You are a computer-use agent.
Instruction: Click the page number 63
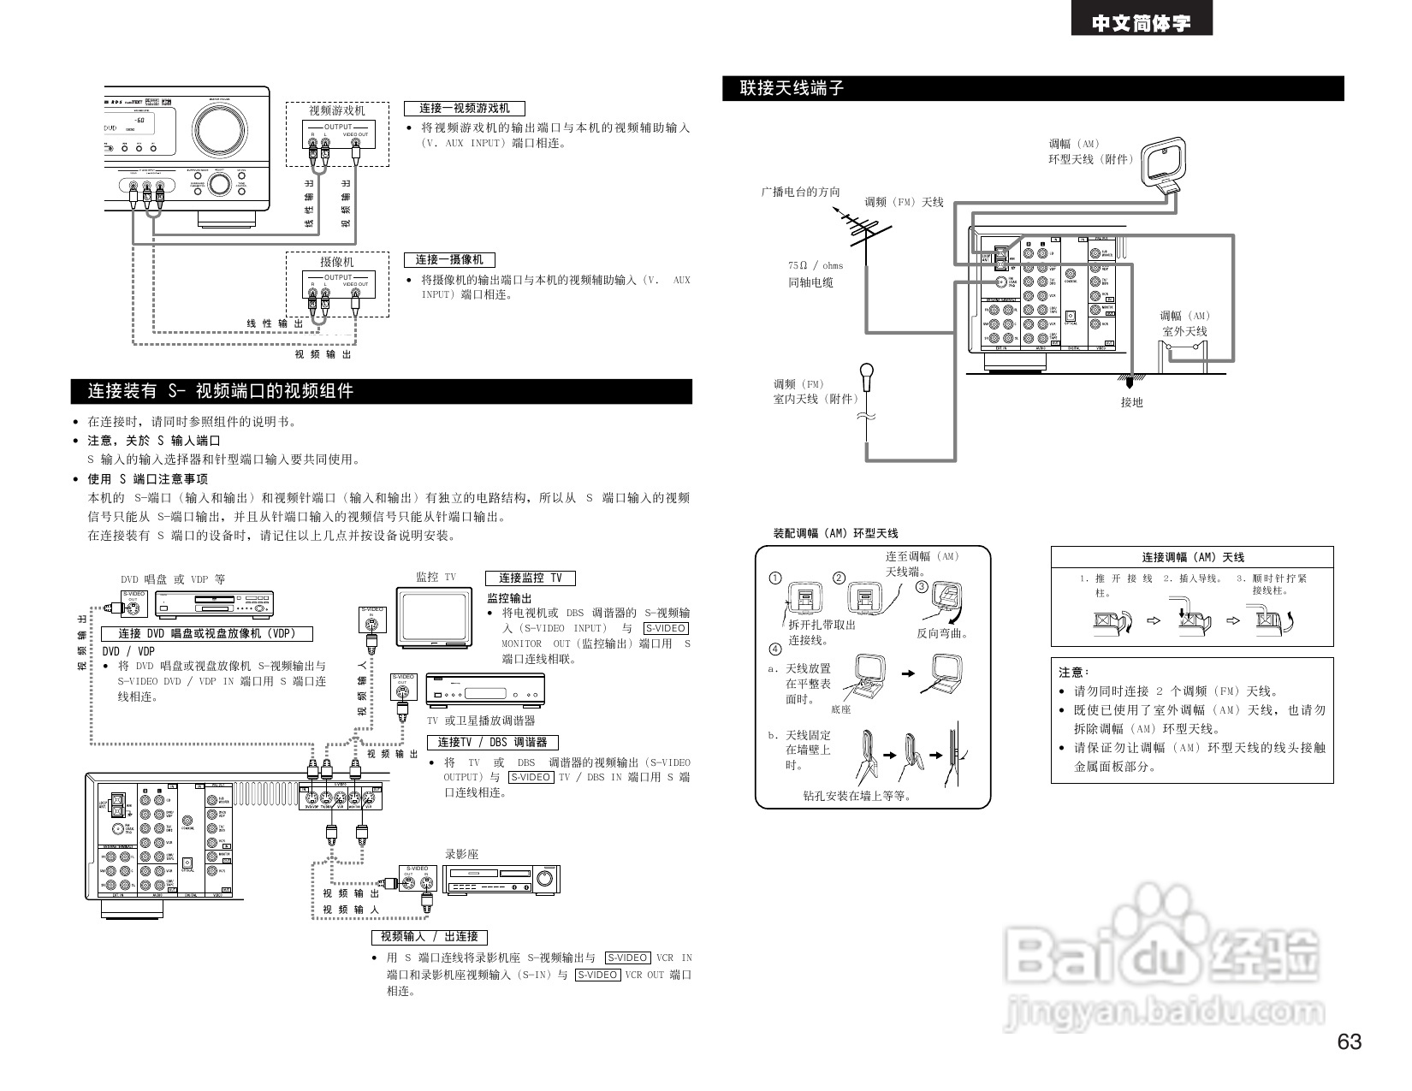[x=1350, y=1041]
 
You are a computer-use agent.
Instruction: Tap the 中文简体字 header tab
[x=1142, y=23]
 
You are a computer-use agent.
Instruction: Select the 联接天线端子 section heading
[x=792, y=88]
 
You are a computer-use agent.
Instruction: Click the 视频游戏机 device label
[x=337, y=110]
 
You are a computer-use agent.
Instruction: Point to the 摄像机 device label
[x=337, y=262]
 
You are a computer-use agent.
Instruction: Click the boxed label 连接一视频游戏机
[x=464, y=109]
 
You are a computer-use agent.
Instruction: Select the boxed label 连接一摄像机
[x=449, y=259]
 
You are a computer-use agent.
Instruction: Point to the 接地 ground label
[x=1131, y=402]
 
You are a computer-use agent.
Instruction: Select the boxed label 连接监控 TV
[x=531, y=578]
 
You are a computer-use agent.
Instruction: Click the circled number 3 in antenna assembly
[x=922, y=586]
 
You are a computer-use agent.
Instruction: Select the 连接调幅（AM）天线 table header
[x=1192, y=557]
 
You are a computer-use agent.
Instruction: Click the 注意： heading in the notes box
[x=1074, y=673]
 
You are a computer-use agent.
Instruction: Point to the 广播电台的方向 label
[x=801, y=192]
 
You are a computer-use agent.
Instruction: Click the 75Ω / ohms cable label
[x=816, y=265]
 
